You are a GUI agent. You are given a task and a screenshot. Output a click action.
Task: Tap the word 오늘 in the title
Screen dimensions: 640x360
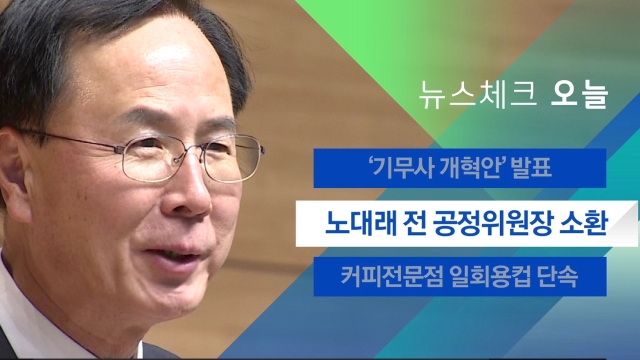(x=580, y=96)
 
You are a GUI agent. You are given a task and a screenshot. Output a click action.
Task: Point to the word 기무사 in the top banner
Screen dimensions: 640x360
(x=404, y=168)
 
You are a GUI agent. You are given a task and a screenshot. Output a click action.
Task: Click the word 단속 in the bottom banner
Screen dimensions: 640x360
(x=558, y=276)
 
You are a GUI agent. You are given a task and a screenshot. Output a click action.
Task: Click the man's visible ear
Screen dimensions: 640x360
(x=13, y=171)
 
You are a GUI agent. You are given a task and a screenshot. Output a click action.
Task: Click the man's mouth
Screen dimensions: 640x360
(x=176, y=254)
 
